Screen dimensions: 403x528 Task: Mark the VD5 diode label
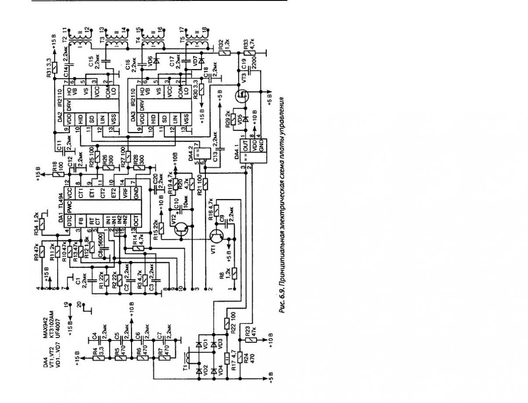(x=240, y=118)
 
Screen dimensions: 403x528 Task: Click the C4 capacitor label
(x=94, y=336)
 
